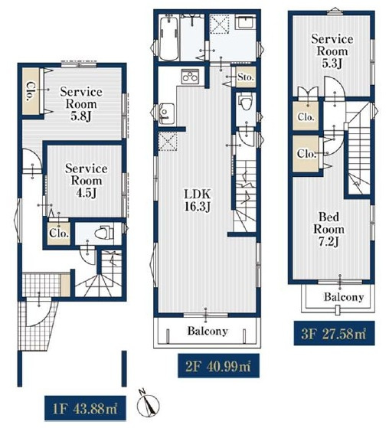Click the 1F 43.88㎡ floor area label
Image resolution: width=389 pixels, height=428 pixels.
[x=85, y=408]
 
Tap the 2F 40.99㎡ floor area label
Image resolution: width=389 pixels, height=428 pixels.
[x=218, y=366]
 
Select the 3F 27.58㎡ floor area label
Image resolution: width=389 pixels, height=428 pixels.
[x=334, y=333]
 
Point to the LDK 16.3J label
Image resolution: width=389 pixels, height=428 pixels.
[x=198, y=201]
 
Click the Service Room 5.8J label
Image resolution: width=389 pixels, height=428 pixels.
[x=81, y=103]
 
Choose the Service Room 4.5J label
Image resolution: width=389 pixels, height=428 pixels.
[x=86, y=181]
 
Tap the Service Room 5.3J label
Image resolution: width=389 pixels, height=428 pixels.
[x=332, y=51]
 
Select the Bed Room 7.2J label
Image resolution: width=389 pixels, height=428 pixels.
[x=329, y=229]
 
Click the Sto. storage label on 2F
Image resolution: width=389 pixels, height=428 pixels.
[x=246, y=77]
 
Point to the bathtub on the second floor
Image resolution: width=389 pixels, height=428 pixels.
[x=168, y=38]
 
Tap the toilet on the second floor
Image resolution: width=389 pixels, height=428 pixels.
[x=246, y=102]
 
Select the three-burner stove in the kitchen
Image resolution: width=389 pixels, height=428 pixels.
[x=190, y=76]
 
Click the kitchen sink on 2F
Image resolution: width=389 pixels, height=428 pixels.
[x=166, y=113]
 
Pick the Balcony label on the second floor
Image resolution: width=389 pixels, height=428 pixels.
[x=208, y=331]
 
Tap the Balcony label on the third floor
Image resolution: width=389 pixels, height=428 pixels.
[x=344, y=297]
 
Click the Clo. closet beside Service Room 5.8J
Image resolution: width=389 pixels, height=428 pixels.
[x=30, y=91]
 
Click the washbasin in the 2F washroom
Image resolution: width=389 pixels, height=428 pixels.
[x=245, y=21]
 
